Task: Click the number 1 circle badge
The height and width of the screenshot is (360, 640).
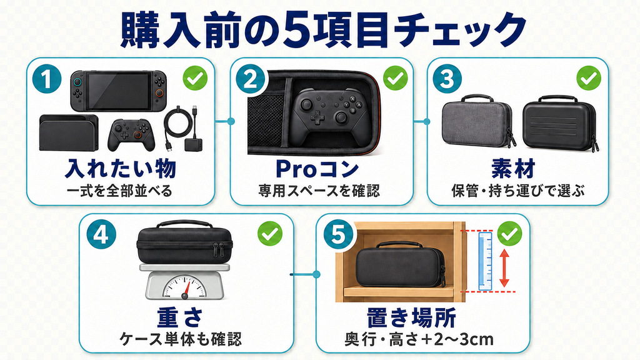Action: coord(46,79)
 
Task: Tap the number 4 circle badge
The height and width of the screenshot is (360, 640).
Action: coord(101,236)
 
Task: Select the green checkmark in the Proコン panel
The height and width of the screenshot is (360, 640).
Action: coord(395,78)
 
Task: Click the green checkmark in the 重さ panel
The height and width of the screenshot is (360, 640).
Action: coord(270,234)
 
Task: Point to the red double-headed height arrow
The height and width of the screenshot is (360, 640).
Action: coord(504,267)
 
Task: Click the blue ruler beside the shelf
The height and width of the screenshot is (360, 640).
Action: coord(485,262)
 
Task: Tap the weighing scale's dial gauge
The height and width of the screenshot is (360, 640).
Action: coord(184,286)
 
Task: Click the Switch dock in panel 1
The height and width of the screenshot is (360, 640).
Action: coord(69,132)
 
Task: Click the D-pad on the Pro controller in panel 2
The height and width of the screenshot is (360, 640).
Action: coord(317,117)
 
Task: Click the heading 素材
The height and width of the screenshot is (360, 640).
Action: coord(513,168)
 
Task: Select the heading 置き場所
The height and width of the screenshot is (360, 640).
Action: coord(411,317)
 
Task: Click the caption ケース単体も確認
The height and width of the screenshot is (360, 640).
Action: coord(181,339)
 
